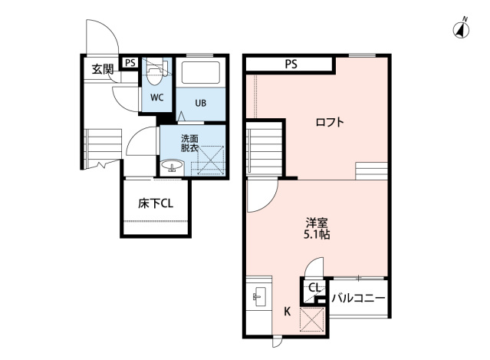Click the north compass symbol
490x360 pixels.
tap(462, 30)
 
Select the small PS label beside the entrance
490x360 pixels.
tap(130, 63)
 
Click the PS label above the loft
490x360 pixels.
tap(291, 64)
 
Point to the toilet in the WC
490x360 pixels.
tap(156, 72)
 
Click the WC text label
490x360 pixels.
tap(156, 97)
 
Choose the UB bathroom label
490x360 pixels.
tap(200, 103)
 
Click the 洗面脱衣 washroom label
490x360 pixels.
tap(189, 144)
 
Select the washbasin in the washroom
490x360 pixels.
tap(171, 167)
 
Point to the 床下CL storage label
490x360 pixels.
tap(156, 204)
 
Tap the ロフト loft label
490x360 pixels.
tap(330, 122)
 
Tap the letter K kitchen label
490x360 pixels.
tap(287, 311)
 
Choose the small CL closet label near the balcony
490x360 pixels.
tap(314, 289)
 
